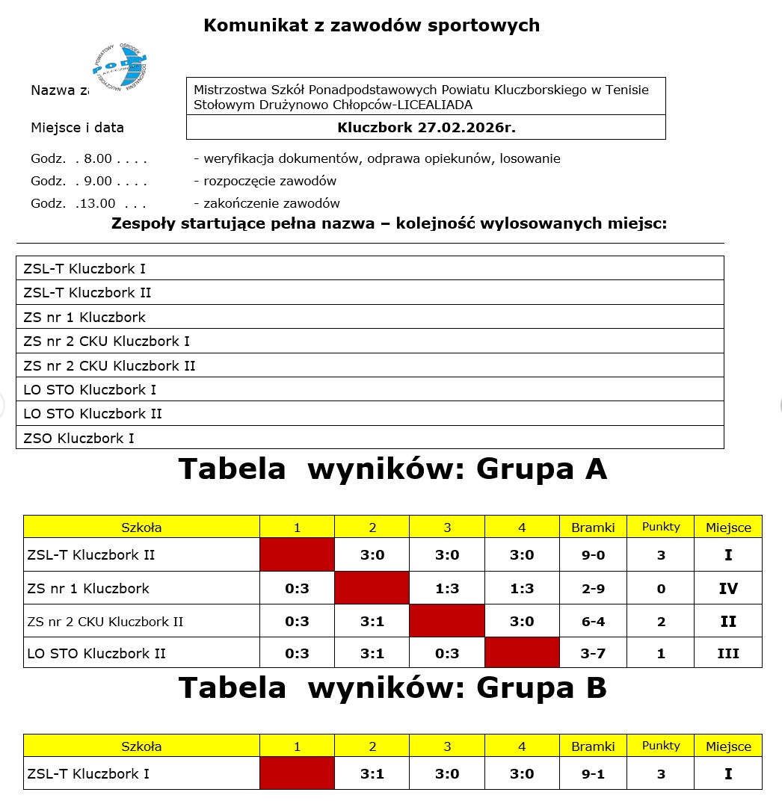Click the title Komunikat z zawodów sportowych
click(372, 25)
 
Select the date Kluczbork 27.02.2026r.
click(426, 127)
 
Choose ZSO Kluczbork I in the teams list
click(79, 438)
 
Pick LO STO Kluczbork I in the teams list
click(90, 389)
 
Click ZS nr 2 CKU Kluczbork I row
click(107, 341)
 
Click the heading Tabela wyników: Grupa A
click(392, 469)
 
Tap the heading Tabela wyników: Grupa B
click(392, 688)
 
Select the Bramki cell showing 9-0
click(593, 555)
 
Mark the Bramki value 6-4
click(593, 622)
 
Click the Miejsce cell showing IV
click(728, 589)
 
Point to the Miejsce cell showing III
click(728, 654)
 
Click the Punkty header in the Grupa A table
click(661, 527)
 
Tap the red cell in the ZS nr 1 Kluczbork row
click(372, 588)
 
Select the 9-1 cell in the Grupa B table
click(593, 774)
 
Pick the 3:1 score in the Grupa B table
click(372, 774)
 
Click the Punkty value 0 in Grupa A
click(661, 589)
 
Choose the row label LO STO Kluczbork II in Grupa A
click(96, 654)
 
